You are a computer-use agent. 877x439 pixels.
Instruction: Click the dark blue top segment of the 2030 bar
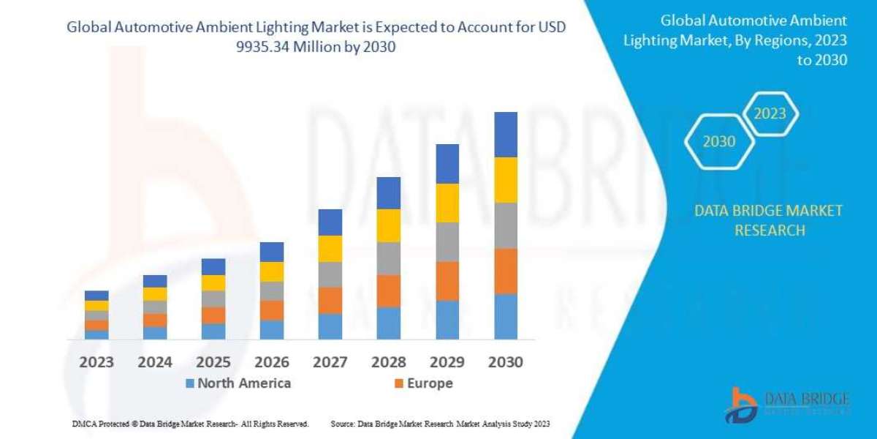point(506,135)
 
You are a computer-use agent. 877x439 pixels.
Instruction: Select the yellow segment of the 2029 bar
point(447,203)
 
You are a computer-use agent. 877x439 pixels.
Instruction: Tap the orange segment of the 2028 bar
point(389,290)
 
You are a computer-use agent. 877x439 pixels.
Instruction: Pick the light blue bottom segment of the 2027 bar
point(330,326)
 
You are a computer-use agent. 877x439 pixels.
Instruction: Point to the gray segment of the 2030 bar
point(506,225)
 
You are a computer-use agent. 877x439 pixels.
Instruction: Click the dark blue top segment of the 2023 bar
point(96,296)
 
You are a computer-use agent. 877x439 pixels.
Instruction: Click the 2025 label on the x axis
point(213,362)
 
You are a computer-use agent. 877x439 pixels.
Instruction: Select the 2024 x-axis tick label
point(155,362)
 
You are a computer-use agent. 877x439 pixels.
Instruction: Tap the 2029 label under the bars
point(447,362)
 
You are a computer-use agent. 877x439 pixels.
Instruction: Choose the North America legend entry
point(238,383)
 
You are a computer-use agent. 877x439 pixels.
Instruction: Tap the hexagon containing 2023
point(770,114)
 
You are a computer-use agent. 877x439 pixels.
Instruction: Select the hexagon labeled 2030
point(719,142)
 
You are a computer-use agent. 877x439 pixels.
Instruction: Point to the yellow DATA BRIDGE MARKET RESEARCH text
point(768,220)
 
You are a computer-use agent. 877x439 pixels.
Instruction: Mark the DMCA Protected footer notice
point(190,424)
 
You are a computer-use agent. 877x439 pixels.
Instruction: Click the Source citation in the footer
point(440,424)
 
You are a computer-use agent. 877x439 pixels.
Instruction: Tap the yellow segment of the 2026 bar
point(272,271)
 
